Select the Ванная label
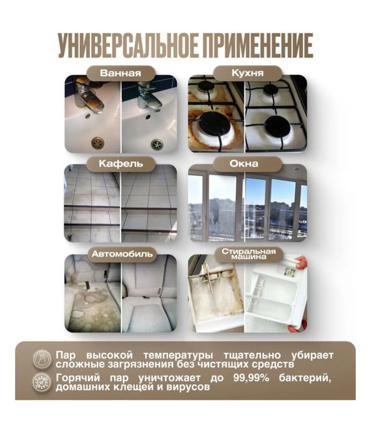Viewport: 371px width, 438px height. point(121,73)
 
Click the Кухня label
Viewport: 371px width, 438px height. point(247,73)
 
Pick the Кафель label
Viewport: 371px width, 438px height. point(121,164)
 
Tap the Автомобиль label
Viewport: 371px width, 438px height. point(122,254)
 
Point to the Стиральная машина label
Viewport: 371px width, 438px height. point(249,254)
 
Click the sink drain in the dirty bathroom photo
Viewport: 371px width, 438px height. point(98,143)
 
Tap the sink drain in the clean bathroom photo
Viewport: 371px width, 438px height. point(157,144)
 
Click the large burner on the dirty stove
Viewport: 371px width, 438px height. point(215,125)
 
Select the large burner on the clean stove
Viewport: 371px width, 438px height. point(277,126)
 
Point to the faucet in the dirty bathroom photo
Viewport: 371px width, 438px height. point(86,96)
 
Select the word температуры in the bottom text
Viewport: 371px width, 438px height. point(179,356)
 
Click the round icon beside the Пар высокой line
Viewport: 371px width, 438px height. point(42,359)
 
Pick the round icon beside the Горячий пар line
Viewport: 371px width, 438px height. point(42,382)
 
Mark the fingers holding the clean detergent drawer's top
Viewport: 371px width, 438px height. point(301,263)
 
